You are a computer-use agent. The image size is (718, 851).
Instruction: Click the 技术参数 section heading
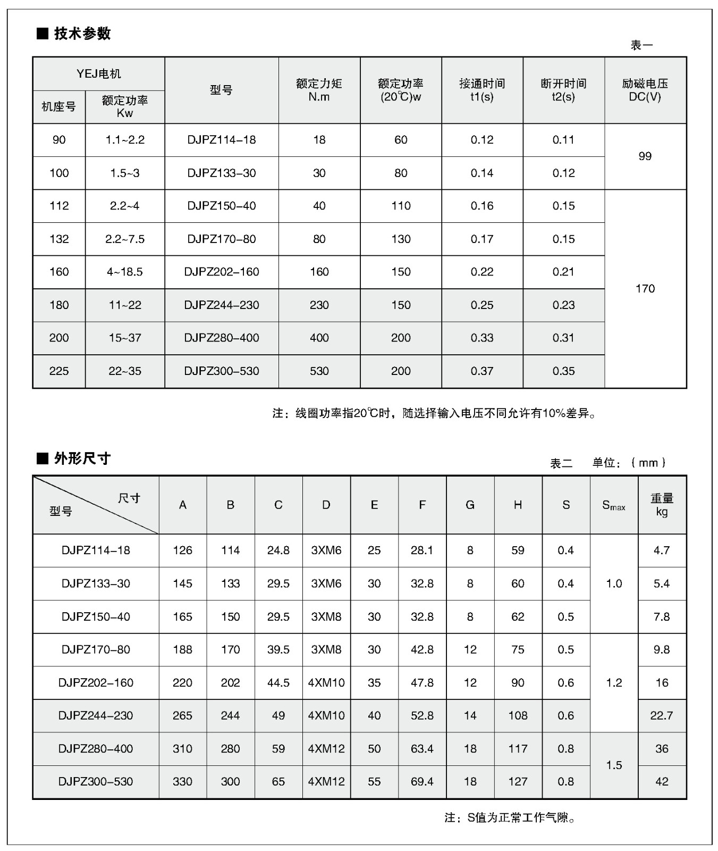click(82, 34)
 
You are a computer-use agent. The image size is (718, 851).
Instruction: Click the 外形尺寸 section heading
click(82, 458)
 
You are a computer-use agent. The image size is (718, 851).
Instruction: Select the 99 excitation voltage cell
click(645, 156)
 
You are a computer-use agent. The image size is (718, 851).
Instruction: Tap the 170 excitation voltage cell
click(645, 288)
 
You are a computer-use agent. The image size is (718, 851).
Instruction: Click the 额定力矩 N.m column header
click(319, 90)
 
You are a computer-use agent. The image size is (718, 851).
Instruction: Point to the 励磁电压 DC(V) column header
click(645, 90)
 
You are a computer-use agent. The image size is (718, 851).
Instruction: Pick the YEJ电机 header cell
click(99, 74)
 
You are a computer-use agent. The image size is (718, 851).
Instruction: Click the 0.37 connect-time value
click(482, 371)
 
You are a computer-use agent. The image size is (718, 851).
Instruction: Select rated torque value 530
click(319, 371)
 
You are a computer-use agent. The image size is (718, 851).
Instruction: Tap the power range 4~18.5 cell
click(125, 272)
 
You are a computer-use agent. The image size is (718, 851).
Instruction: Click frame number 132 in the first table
click(59, 239)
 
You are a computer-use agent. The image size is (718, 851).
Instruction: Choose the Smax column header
click(613, 505)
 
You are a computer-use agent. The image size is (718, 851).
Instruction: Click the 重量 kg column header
click(662, 505)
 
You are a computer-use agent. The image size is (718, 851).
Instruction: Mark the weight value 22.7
click(662, 715)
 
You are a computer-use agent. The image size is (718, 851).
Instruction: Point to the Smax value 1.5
click(614, 765)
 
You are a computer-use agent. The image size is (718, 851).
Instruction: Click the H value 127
click(518, 781)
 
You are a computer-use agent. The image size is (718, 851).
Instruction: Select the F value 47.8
click(422, 682)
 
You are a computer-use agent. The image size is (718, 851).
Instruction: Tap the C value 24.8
click(278, 550)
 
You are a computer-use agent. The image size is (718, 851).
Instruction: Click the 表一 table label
click(641, 46)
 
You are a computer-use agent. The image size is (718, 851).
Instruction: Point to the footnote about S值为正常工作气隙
click(510, 817)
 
